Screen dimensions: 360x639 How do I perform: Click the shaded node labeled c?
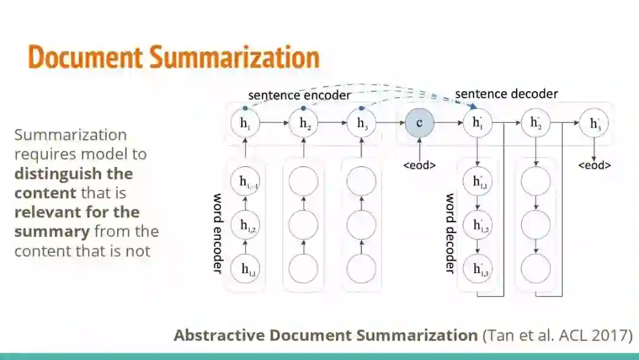[x=419, y=123]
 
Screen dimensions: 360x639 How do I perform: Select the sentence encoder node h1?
[x=245, y=123]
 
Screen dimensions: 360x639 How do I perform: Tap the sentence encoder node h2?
[x=304, y=123]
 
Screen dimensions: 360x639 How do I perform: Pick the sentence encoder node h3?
[x=362, y=123]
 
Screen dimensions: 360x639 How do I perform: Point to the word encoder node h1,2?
[x=245, y=225]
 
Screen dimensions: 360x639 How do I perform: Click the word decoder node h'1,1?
[x=477, y=182]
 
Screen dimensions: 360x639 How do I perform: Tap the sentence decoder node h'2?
[x=535, y=123]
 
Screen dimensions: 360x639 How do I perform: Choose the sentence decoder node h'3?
[x=593, y=123]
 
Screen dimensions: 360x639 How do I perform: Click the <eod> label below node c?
[x=419, y=165]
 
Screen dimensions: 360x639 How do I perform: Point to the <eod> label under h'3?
[x=594, y=165]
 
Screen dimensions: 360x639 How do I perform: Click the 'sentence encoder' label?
[x=299, y=95]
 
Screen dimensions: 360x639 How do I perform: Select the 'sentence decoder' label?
[x=506, y=94]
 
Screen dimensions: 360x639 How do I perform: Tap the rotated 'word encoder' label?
[x=217, y=233]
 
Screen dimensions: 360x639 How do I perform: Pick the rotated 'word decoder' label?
[x=450, y=233]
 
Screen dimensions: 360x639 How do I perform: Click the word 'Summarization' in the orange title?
[x=234, y=57]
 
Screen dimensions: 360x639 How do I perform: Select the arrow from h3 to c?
[x=391, y=123]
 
